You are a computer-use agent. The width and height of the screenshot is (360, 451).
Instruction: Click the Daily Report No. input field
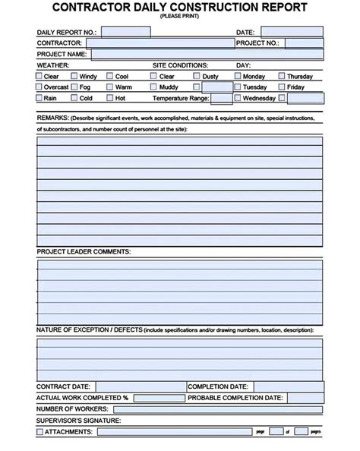point(125,33)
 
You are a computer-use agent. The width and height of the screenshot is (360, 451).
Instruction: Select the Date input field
point(292,33)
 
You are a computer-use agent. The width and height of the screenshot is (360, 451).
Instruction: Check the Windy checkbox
point(74,77)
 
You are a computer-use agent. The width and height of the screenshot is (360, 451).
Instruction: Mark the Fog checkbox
point(74,87)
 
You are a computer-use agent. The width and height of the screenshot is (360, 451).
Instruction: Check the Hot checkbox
point(109,98)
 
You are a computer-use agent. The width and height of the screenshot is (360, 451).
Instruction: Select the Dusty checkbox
point(196,77)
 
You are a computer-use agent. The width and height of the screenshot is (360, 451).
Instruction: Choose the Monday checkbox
point(237,77)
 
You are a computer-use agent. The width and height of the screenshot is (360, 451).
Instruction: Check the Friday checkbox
point(281,87)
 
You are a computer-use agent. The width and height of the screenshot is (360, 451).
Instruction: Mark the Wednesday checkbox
point(237,98)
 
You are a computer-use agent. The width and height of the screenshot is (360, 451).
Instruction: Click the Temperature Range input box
point(221,98)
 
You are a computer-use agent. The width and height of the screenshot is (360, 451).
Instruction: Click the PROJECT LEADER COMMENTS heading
point(84,251)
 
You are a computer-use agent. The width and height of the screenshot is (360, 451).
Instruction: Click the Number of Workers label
point(71,409)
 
